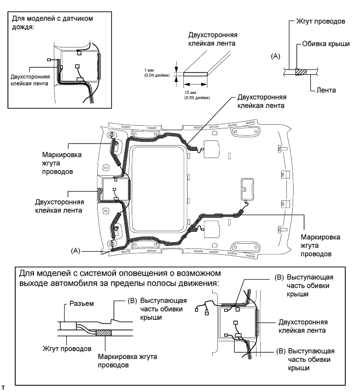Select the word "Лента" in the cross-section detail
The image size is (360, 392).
(326, 90)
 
